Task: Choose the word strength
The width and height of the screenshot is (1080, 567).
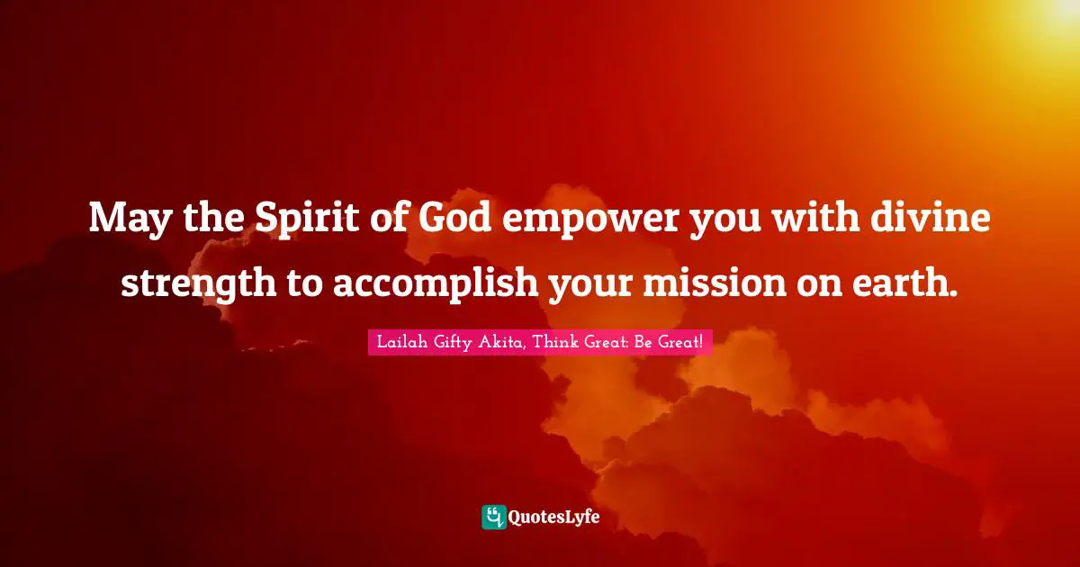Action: [x=199, y=283]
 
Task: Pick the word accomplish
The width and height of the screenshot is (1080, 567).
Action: [x=436, y=283]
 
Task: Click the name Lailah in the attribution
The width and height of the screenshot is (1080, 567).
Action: [x=402, y=342]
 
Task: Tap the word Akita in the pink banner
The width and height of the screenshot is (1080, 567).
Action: [x=500, y=342]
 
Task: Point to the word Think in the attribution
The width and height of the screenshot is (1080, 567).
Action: [x=556, y=342]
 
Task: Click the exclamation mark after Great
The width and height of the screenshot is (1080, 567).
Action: [x=701, y=342]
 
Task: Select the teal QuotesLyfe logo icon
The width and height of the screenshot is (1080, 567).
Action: [x=494, y=517]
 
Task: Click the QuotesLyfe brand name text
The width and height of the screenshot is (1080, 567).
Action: [x=554, y=517]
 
